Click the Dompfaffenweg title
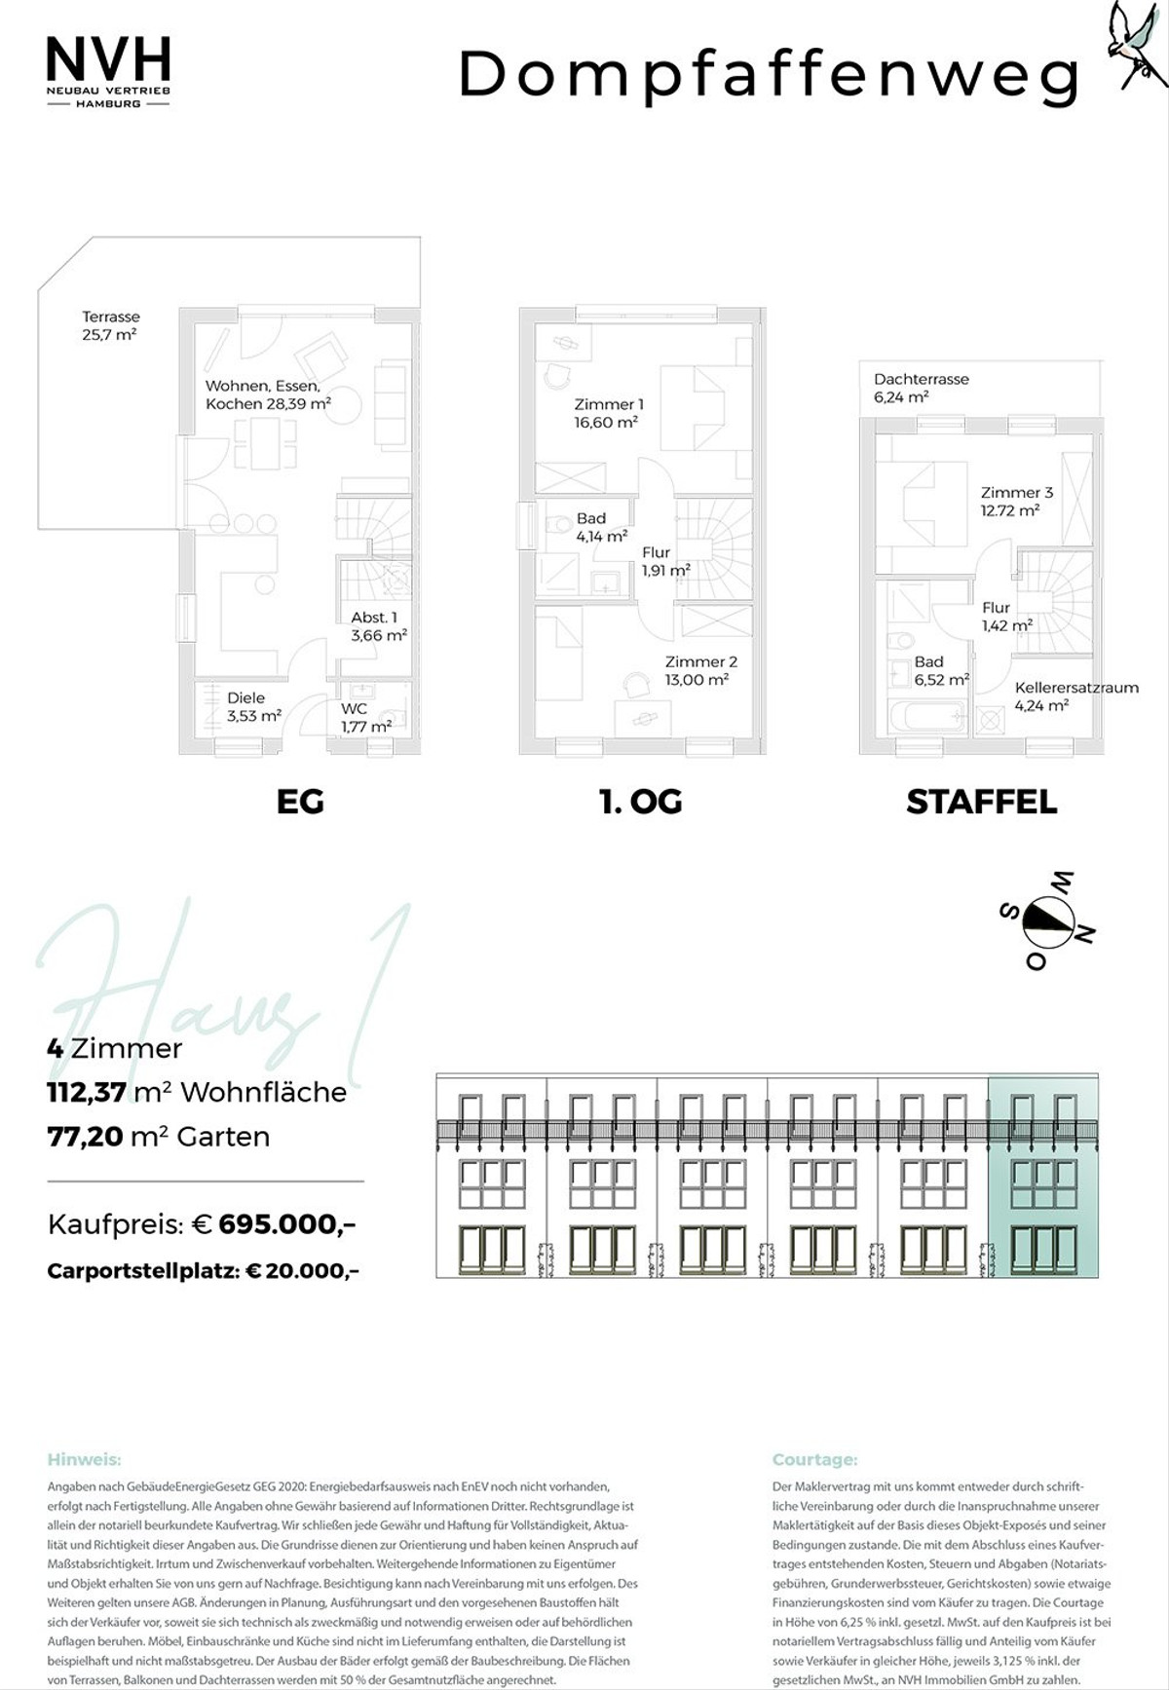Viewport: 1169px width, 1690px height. coord(770,76)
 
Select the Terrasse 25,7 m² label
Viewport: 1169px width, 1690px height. coord(110,325)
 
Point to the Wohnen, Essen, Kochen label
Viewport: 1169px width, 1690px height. coord(268,394)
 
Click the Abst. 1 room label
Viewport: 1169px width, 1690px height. coord(379,626)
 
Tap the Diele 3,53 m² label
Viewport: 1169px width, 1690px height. coord(254,706)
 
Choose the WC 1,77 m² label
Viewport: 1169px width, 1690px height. coord(366,718)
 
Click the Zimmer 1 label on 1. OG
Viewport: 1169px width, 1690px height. coord(608,413)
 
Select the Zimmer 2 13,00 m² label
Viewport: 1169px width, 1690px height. coord(701,671)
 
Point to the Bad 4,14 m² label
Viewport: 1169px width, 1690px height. coord(601,527)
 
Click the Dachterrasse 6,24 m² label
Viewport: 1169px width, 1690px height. coord(921,388)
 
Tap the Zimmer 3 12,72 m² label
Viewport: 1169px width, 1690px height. coord(1016,501)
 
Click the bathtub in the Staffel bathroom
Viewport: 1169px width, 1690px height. coord(927,718)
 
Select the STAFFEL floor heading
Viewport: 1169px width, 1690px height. coord(981,802)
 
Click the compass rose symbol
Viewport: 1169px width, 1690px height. coord(1047,920)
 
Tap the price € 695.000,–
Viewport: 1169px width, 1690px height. coord(287,1223)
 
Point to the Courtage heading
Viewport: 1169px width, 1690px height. coord(814,1459)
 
